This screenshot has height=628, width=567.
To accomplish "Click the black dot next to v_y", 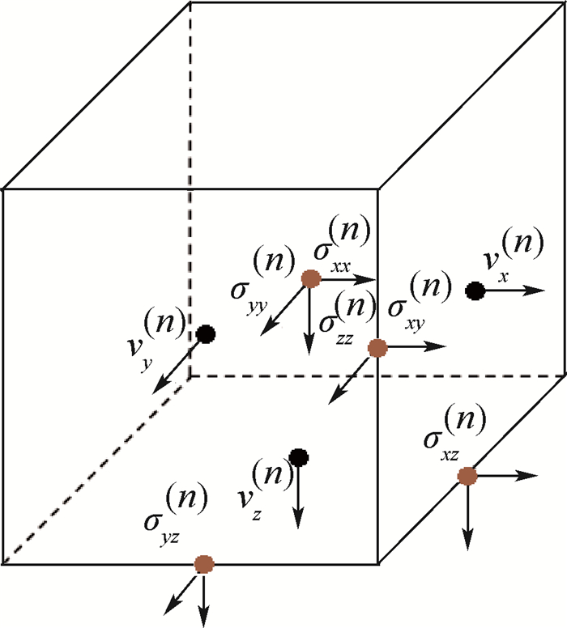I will point(206,333).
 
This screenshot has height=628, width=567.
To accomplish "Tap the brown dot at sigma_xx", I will point(310,279).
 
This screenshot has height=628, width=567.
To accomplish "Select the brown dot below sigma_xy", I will point(377,348).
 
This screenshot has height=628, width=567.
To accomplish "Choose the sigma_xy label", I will point(413,301).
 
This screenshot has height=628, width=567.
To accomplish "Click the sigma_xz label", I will point(454,437).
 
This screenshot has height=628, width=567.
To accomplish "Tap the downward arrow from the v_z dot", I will point(298,494).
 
